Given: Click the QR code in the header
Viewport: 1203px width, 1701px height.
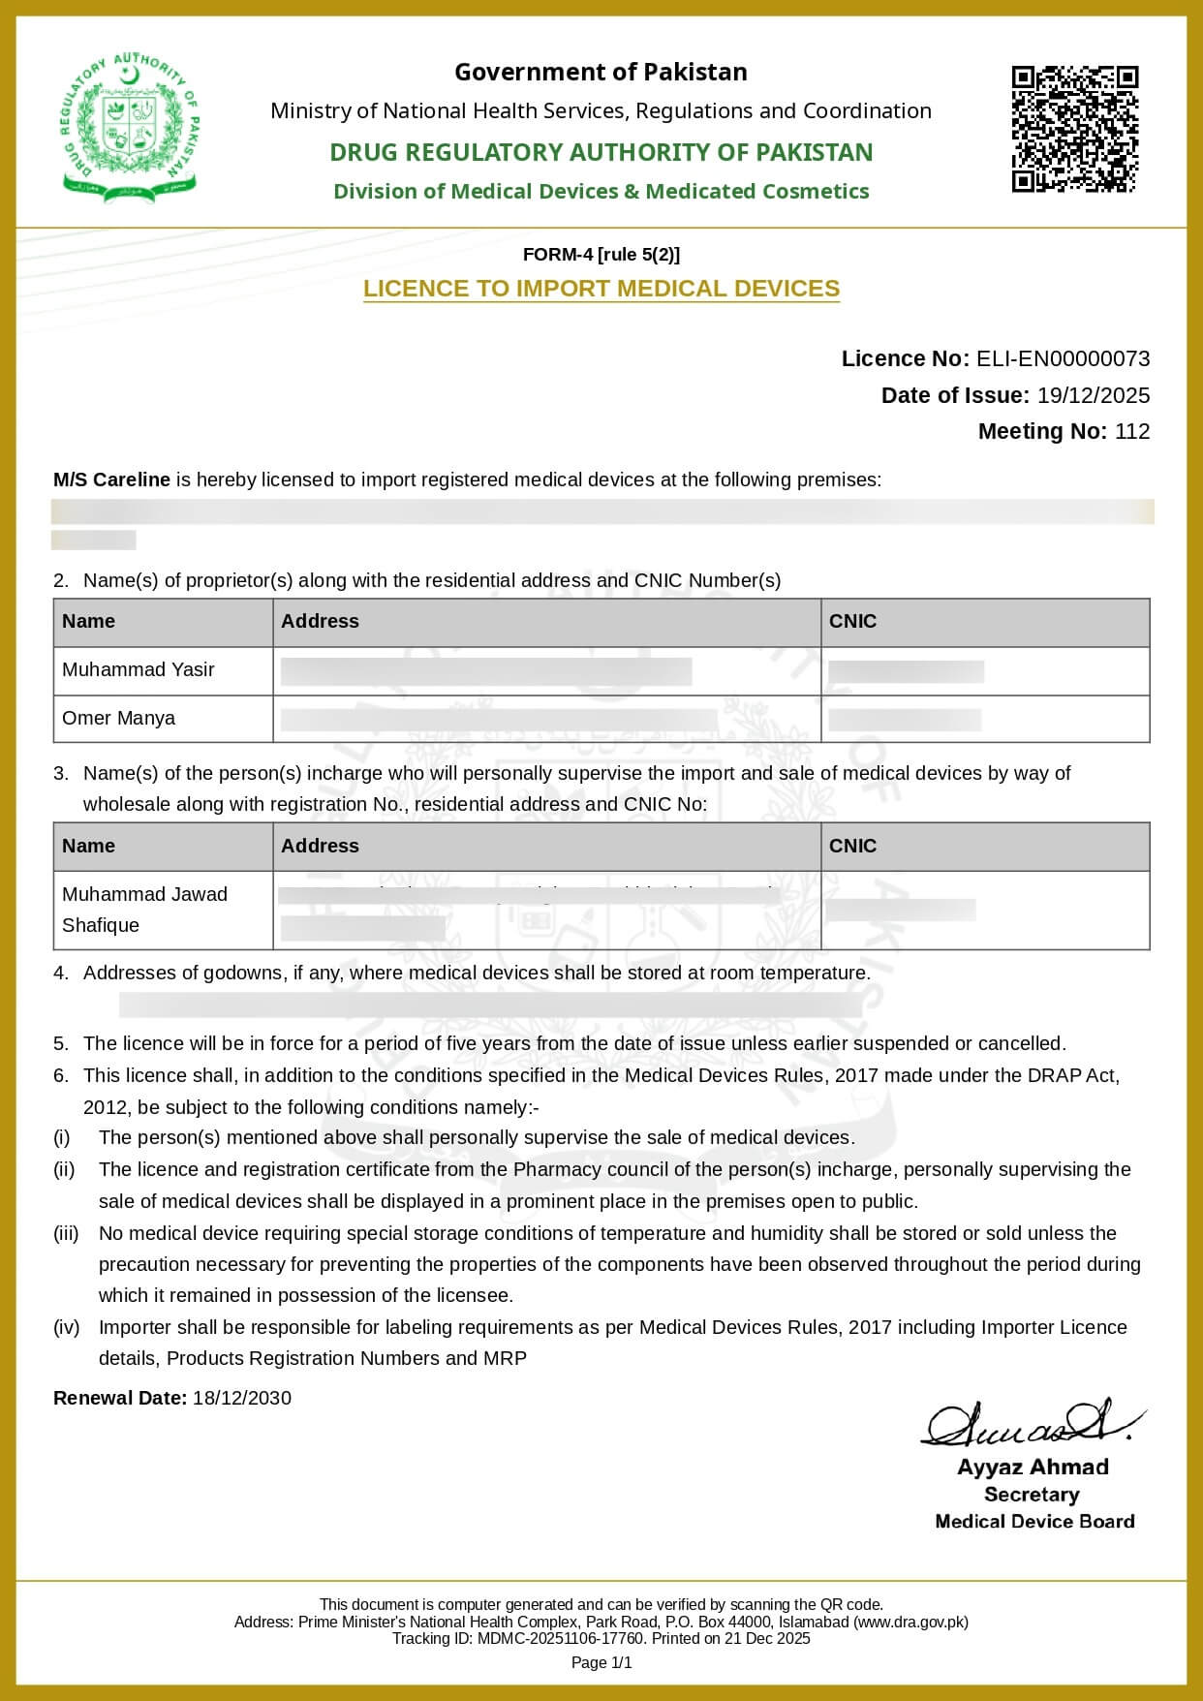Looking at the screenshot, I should click(x=1074, y=129).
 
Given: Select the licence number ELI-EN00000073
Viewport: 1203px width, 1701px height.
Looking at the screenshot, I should click(x=1063, y=358).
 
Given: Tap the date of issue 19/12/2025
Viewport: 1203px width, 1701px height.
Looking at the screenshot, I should click(x=1093, y=395).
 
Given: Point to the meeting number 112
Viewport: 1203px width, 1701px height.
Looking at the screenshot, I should click(x=1131, y=431).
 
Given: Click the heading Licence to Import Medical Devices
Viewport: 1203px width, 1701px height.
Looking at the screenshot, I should click(x=601, y=289).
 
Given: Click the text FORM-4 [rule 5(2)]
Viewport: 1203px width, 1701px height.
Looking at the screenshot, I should click(x=601, y=255).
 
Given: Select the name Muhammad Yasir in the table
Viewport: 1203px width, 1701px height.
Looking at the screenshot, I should click(x=139, y=669).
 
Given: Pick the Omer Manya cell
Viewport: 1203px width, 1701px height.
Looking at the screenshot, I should click(x=119, y=718).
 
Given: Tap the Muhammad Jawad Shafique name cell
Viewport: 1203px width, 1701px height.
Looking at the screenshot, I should click(x=144, y=909).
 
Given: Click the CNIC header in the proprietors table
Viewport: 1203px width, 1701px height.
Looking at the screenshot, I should click(x=852, y=621).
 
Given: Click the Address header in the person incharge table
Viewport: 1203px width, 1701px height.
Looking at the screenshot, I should click(x=320, y=846).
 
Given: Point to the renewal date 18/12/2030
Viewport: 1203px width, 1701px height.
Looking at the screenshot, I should click(x=241, y=1398).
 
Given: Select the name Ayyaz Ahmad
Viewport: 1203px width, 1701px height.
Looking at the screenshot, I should click(x=1033, y=1467).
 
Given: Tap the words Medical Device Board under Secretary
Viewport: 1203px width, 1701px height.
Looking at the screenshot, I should click(x=1034, y=1521).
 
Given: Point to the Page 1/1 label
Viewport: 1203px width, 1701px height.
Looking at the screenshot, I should click(x=601, y=1662).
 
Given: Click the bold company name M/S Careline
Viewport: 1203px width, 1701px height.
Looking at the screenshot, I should click(x=111, y=479).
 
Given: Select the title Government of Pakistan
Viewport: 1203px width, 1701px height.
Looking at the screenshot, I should click(x=601, y=72).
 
